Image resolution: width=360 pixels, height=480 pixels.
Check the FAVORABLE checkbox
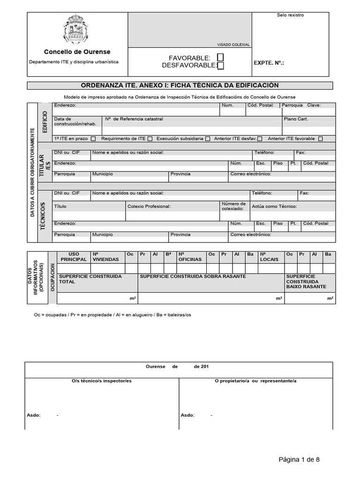(220, 57)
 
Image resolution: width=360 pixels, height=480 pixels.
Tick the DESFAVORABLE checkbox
(220, 66)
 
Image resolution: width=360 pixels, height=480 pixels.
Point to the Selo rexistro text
(290, 15)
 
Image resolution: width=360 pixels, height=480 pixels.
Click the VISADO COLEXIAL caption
(233, 45)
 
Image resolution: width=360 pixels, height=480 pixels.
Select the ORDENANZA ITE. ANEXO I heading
(180, 85)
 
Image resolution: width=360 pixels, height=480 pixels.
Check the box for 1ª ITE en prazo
(93, 139)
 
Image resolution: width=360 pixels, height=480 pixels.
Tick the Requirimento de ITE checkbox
(150, 139)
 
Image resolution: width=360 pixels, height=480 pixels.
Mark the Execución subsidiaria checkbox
(207, 139)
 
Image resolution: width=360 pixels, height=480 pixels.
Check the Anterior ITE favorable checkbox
(320, 139)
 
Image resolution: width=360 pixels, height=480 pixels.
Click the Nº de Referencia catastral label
(135, 119)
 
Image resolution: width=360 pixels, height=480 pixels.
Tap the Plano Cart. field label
(296, 119)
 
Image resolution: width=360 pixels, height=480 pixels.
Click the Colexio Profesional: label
(149, 206)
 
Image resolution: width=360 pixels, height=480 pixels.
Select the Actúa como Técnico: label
(274, 206)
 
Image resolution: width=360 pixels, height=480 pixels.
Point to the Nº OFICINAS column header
(190, 256)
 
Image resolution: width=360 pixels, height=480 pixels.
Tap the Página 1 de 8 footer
(299, 459)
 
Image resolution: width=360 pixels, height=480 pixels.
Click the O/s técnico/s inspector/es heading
(102, 381)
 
